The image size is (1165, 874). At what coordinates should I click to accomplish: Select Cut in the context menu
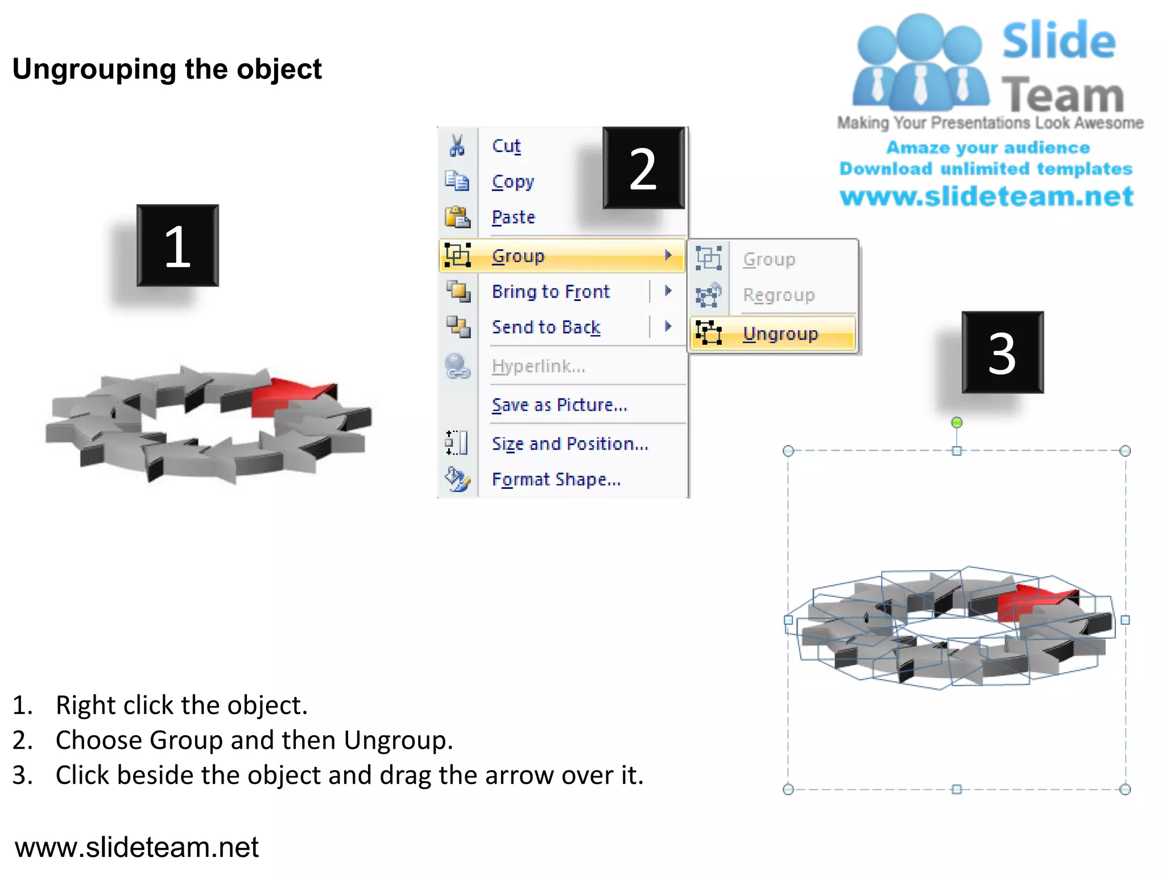506,146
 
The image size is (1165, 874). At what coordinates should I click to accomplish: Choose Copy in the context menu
513,182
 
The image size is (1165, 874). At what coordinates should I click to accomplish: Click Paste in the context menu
513,217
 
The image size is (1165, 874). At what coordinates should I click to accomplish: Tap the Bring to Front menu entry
550,291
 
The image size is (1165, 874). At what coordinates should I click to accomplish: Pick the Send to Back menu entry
546,327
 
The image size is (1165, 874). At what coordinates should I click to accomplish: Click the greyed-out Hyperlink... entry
538,366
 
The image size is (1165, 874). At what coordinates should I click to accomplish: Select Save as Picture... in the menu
559,405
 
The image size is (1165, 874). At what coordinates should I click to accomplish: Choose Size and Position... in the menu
569,443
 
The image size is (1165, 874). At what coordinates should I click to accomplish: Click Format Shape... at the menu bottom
556,479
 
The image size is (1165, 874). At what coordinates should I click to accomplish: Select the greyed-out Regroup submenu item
778,295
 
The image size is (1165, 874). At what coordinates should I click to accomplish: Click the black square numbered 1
177,246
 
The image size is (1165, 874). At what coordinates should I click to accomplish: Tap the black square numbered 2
643,168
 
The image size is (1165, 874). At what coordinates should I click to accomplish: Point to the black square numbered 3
1002,352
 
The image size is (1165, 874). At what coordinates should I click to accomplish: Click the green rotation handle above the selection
957,422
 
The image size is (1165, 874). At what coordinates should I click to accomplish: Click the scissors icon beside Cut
457,146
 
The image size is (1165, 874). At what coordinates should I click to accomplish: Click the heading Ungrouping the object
167,69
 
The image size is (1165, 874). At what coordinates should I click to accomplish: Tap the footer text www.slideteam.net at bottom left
137,847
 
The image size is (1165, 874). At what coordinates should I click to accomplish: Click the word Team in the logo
1062,94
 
